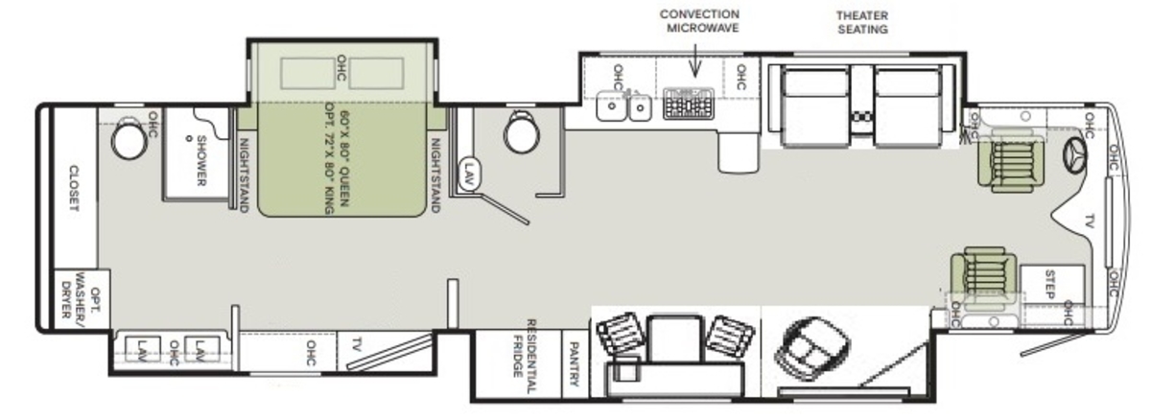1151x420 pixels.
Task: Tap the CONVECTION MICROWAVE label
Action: point(699,21)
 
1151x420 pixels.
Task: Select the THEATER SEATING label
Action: point(862,23)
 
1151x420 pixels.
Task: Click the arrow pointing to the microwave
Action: point(695,60)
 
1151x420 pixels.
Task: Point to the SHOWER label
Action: point(201,161)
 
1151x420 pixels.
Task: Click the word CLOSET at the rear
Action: point(75,188)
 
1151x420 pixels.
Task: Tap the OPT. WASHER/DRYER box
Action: point(82,299)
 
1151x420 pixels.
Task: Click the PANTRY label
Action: point(575,363)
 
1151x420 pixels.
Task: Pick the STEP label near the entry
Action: point(1049,285)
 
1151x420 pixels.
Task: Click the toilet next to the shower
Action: point(129,139)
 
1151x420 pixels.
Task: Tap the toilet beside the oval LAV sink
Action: point(522,132)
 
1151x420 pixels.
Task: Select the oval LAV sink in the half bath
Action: point(468,175)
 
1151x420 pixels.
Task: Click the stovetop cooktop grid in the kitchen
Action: point(689,104)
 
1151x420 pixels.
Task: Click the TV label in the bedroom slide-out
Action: point(358,345)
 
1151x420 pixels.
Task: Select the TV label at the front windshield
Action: point(1090,222)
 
